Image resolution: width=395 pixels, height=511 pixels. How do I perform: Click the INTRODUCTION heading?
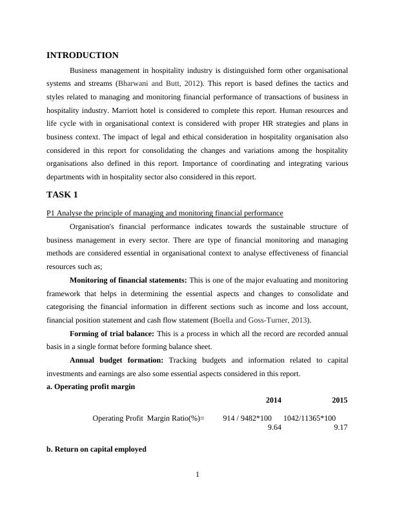pos(83,55)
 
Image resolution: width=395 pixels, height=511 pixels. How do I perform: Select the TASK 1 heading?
pos(62,194)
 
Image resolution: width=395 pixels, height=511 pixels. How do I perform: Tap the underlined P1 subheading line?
pos(165,213)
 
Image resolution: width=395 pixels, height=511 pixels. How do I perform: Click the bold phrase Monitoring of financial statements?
pos(128,280)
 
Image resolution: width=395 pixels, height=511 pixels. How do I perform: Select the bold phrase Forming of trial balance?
pos(111,334)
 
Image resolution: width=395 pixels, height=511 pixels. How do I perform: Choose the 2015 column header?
pos(339,400)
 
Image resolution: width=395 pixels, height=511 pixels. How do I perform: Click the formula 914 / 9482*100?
pos(247,418)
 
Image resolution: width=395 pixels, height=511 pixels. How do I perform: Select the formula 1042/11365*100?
pos(309,418)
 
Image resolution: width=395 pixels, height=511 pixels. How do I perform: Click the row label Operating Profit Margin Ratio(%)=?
pos(148,418)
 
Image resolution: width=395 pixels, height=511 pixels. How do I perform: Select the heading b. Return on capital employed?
pos(96,449)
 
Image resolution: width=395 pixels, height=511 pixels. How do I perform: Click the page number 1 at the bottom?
pos(197,476)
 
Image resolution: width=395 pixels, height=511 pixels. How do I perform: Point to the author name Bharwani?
pos(132,84)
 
